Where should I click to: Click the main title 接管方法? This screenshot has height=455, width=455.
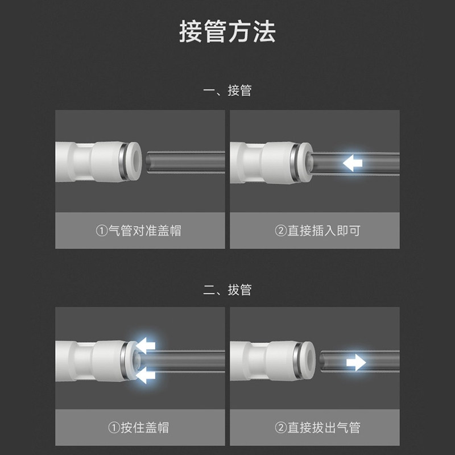pos(227,32)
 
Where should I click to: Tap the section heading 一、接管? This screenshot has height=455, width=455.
pos(227,91)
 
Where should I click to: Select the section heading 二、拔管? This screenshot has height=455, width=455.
pos(227,290)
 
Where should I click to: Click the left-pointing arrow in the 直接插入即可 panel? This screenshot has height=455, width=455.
pos(353,164)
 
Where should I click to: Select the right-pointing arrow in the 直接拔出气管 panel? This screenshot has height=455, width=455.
pos(356,362)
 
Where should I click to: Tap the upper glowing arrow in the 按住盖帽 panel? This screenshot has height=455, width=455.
pos(146,344)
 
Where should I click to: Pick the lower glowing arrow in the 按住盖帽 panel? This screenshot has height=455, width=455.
pos(146,375)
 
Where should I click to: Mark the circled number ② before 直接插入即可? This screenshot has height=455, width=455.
pos(280,231)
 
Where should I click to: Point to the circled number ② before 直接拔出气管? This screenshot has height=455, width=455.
pos(280,428)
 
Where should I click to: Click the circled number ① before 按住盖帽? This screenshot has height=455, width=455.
pos(114,428)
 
